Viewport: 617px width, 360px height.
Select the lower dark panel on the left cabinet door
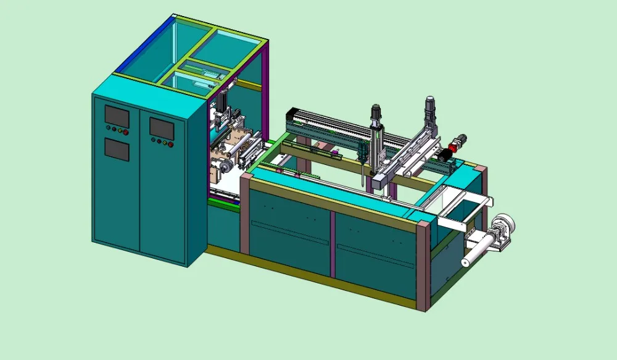tap(117, 149)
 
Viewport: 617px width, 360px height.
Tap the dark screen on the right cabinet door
tap(162, 128)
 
